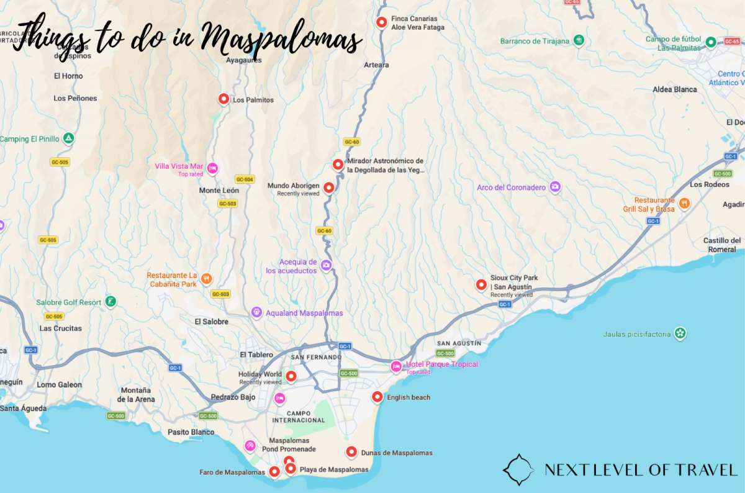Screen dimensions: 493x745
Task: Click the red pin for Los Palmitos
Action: pyautogui.click(x=223, y=99)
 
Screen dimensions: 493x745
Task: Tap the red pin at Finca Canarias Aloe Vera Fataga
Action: pyautogui.click(x=382, y=22)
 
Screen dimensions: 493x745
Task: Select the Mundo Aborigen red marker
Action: pyautogui.click(x=328, y=187)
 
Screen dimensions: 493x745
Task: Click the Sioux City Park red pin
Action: pyautogui.click(x=481, y=284)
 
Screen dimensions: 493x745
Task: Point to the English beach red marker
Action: pyautogui.click(x=376, y=397)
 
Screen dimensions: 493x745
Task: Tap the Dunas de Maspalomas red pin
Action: pyautogui.click(x=351, y=452)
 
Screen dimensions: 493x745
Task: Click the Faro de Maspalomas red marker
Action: pyautogui.click(x=274, y=472)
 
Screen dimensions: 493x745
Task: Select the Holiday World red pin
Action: pyautogui.click(x=291, y=376)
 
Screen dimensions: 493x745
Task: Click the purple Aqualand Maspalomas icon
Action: pyautogui.click(x=256, y=312)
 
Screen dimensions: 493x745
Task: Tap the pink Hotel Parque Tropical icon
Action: pyautogui.click(x=395, y=366)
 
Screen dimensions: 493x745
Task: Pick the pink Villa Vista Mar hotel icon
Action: pyautogui.click(x=212, y=168)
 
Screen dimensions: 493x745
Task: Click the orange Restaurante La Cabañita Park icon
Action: pyautogui.click(x=207, y=279)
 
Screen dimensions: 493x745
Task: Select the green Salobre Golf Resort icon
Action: pyautogui.click(x=110, y=301)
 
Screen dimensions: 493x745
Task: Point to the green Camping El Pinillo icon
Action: pyautogui.click(x=69, y=138)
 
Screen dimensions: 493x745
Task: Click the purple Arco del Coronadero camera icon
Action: pyautogui.click(x=555, y=186)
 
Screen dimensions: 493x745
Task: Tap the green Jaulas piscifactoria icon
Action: pyautogui.click(x=680, y=333)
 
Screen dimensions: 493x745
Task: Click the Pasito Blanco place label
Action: pyautogui.click(x=191, y=432)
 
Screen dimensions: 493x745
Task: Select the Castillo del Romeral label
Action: pyautogui.click(x=721, y=245)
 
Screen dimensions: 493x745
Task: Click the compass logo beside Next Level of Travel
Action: pyautogui.click(x=518, y=469)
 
